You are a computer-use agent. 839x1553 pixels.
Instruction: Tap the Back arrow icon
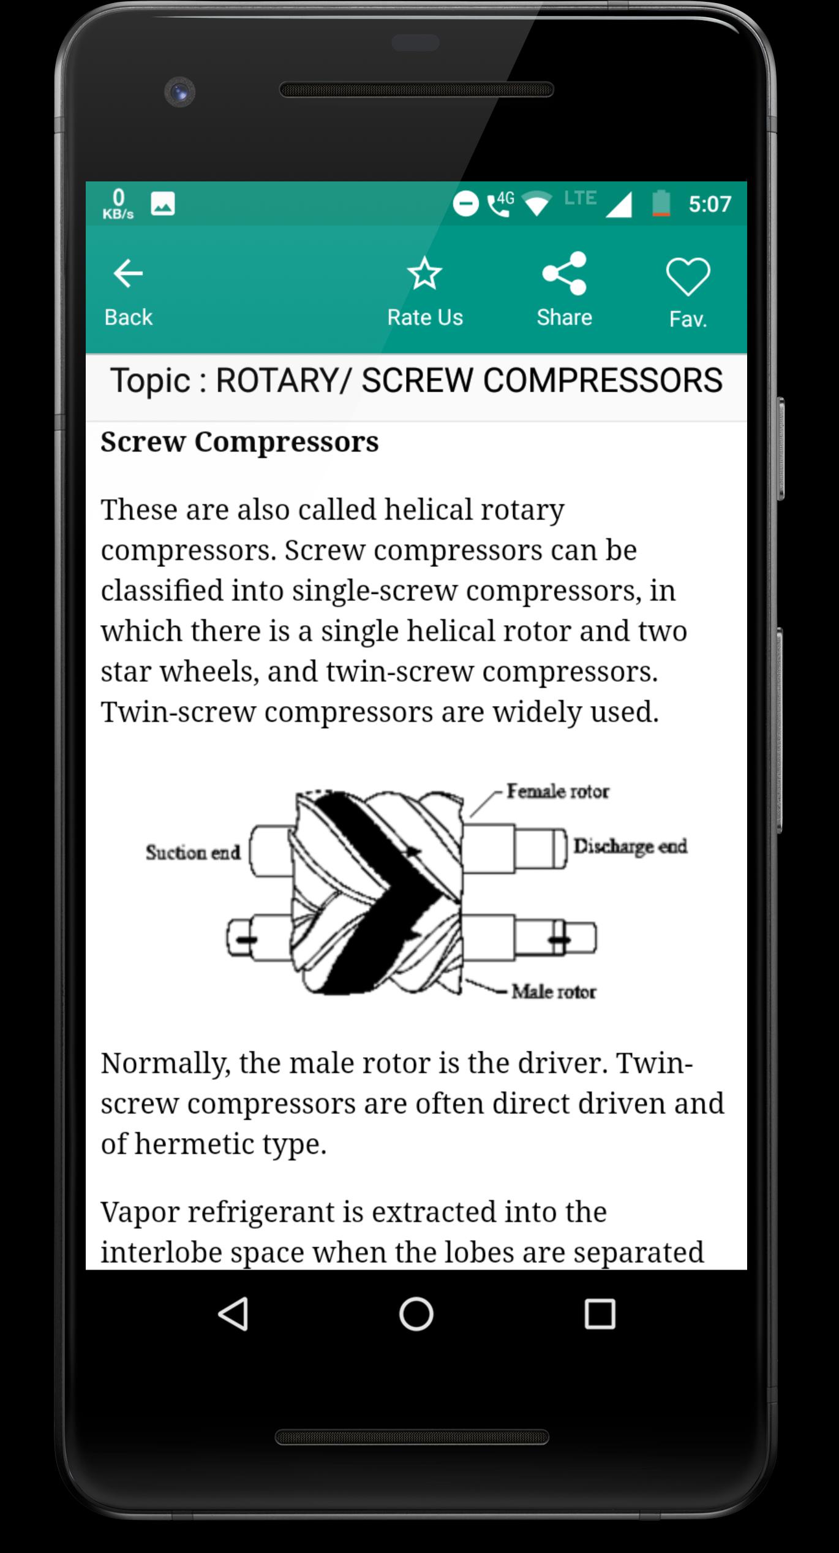coord(128,273)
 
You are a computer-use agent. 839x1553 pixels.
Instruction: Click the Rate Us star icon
coord(424,273)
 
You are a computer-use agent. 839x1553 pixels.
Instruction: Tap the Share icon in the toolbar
coord(564,273)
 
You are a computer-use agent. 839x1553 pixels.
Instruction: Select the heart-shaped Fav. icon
coord(688,276)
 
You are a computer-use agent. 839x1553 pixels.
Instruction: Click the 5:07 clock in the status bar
coord(710,204)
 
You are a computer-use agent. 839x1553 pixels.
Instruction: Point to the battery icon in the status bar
coord(660,203)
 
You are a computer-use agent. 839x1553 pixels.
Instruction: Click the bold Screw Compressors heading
coord(239,442)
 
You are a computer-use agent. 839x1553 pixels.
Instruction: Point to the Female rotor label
coord(557,791)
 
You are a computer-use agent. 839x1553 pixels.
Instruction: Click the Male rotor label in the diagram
coord(554,991)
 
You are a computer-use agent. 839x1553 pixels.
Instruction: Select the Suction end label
coord(193,852)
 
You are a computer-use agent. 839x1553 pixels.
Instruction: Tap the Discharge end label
coord(630,846)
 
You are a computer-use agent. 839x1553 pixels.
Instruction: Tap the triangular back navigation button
coord(233,1314)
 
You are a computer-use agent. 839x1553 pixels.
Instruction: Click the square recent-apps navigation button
coord(600,1314)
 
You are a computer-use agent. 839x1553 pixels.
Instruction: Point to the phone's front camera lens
coord(179,93)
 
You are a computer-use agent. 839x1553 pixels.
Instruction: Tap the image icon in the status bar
coord(163,204)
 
